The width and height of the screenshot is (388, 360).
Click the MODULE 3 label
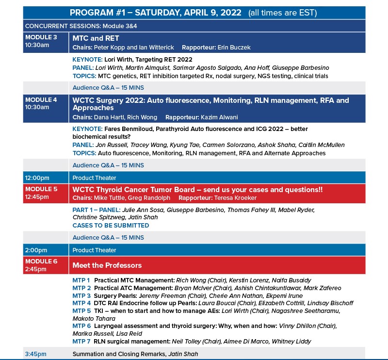click(x=41, y=37)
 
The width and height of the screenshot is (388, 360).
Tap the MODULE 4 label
click(x=41, y=99)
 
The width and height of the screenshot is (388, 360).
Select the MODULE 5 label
click(x=41, y=189)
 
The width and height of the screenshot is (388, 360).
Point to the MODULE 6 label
click(x=41, y=261)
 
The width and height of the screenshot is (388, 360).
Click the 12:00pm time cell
click(x=37, y=178)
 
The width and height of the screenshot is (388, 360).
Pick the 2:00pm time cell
click(x=36, y=250)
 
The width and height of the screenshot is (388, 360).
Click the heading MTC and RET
click(x=96, y=38)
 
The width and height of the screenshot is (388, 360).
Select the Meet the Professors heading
click(x=107, y=265)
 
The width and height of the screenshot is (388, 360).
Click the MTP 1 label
click(x=81, y=280)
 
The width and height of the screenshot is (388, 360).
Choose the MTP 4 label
click(x=81, y=303)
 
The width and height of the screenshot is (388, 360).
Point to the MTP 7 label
click(x=81, y=342)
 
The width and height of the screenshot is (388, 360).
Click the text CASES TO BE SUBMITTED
click(x=111, y=226)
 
